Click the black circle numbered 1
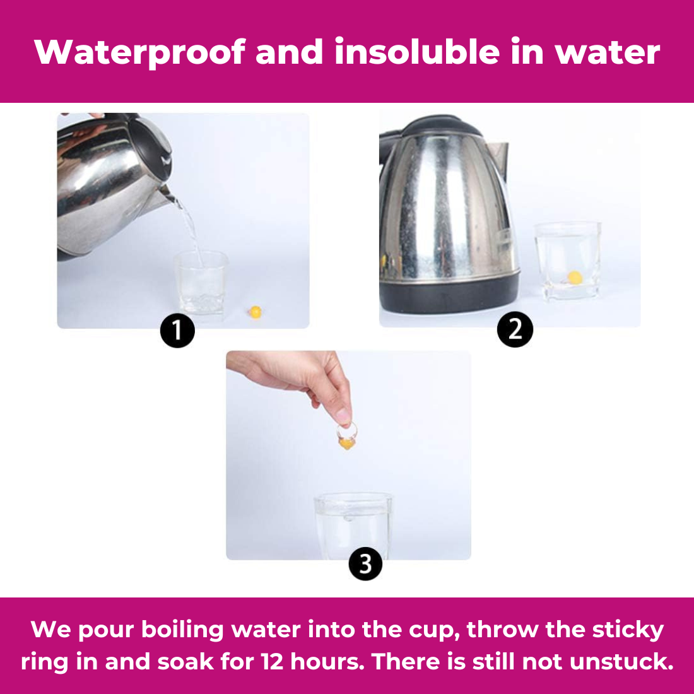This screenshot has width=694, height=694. click(177, 331)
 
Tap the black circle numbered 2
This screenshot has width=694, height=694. click(515, 330)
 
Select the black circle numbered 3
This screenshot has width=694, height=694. click(365, 564)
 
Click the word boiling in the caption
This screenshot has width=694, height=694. click(182, 630)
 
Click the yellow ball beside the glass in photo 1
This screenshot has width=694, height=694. click(256, 312)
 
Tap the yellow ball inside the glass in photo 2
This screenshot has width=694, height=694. click(575, 278)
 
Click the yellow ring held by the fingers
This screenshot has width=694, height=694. click(346, 437)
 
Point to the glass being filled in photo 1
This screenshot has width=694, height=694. click(201, 283)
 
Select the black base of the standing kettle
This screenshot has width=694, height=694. click(449, 294)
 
